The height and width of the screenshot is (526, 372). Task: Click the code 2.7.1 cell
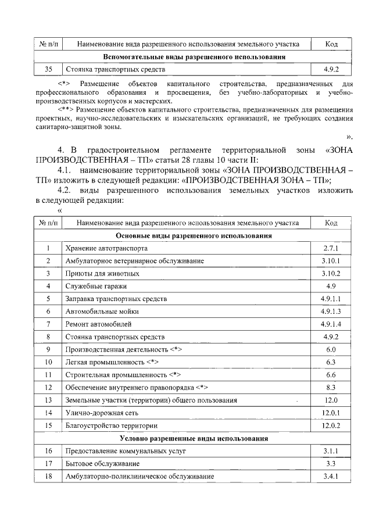click(331, 248)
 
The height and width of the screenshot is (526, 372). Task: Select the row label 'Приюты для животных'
click(102, 273)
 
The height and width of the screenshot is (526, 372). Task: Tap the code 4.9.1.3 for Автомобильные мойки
click(331, 311)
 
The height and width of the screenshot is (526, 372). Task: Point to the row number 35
click(48, 70)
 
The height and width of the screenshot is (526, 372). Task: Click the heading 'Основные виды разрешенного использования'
click(194, 236)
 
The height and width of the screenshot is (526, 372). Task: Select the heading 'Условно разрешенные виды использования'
click(194, 438)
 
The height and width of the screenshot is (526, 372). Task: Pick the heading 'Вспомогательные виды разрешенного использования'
click(194, 57)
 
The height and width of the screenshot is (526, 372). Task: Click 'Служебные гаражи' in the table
click(96, 286)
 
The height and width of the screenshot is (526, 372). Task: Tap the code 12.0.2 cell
click(331, 425)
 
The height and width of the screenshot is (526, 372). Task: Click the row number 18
click(48, 476)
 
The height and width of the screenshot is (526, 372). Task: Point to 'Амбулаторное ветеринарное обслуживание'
click(135, 261)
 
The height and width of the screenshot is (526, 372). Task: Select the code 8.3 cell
click(331, 387)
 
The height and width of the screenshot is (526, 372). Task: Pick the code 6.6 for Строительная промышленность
click(331, 374)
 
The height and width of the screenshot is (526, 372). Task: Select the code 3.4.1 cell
click(331, 476)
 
